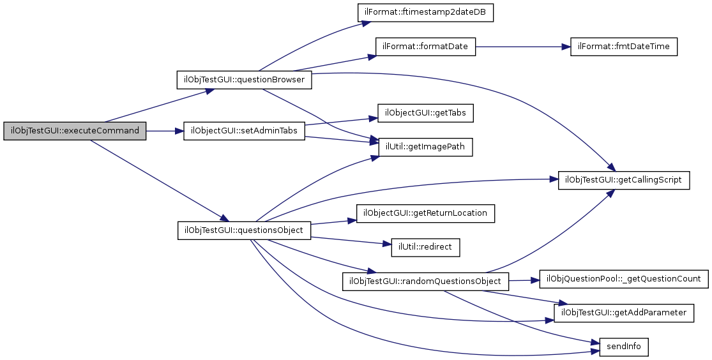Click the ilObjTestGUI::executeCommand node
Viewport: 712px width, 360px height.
75,130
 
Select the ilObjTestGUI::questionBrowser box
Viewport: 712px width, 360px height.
244,80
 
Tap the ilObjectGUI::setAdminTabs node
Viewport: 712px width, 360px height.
245,130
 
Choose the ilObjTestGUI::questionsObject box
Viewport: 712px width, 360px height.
244,230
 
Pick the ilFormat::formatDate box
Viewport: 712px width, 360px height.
425,47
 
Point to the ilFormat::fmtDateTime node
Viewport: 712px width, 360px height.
624,47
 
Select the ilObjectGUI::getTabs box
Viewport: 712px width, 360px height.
425,114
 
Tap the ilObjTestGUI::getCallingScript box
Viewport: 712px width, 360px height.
624,180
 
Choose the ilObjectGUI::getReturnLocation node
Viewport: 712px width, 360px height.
425,213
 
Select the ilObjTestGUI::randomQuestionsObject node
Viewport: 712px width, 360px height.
426,280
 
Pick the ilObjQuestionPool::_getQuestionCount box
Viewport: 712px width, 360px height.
624,279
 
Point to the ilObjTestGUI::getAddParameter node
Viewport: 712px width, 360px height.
623,313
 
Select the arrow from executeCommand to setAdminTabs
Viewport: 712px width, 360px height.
165,130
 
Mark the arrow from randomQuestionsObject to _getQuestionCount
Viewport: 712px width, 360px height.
524,280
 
